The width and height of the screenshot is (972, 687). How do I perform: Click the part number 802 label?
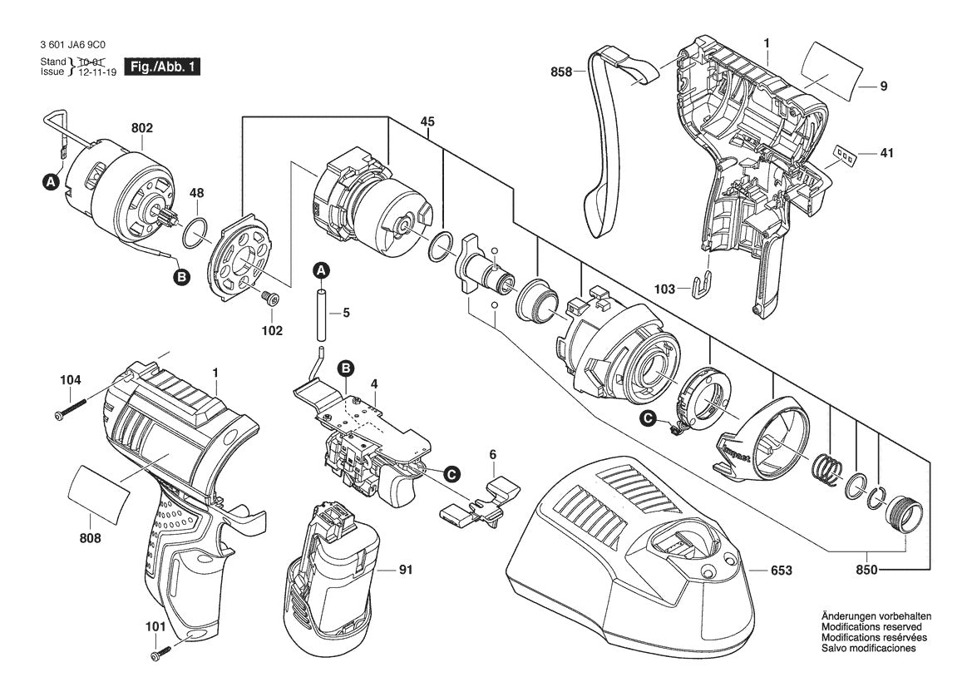point(142,129)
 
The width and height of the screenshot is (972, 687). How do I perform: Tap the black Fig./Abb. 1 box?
point(161,67)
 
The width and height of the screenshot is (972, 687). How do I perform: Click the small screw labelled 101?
point(160,654)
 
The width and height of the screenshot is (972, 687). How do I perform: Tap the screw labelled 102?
point(268,297)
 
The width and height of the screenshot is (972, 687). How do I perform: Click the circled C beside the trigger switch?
point(451,473)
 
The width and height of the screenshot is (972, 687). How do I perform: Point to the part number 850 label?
point(865,571)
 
